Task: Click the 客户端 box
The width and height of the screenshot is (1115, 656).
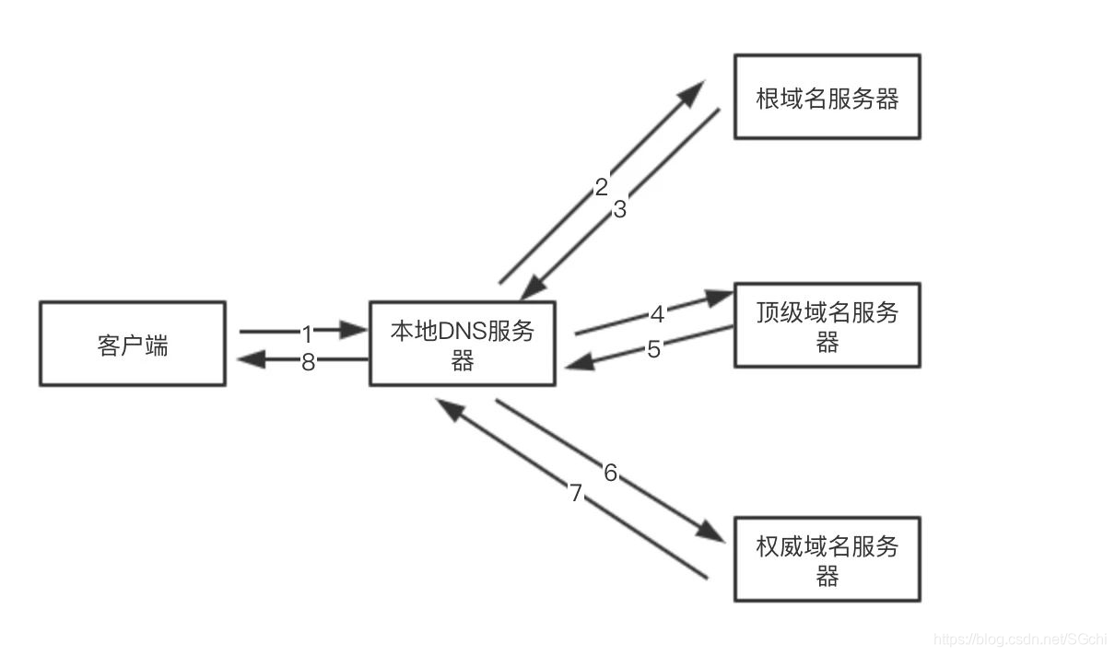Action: click(x=132, y=344)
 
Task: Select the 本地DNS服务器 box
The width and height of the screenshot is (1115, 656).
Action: click(x=462, y=344)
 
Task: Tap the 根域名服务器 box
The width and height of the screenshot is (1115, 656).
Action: click(x=827, y=97)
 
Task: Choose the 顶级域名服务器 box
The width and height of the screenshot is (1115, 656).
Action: click(x=827, y=325)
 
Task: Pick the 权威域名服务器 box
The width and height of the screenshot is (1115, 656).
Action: click(x=827, y=559)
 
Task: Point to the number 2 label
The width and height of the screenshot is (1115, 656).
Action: click(x=602, y=188)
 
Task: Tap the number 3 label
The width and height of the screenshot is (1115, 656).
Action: click(x=619, y=209)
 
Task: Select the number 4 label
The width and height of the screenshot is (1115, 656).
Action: click(x=657, y=315)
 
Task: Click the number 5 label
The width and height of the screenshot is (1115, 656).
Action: click(x=653, y=350)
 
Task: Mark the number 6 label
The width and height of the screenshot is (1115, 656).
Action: click(x=610, y=474)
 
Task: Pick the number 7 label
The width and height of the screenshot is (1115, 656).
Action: click(x=576, y=494)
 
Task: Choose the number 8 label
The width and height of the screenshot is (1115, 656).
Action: click(x=308, y=362)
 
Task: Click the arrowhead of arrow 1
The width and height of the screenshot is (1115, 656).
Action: click(x=354, y=330)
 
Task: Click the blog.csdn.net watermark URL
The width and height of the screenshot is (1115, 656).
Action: click(x=1019, y=639)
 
